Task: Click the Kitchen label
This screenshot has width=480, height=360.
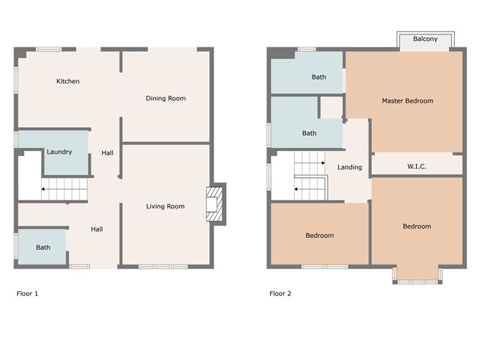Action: pos(68,81)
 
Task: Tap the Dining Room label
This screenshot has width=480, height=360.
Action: pos(165,98)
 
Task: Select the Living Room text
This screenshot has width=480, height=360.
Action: pos(165,207)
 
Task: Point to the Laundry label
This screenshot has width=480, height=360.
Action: pos(60,152)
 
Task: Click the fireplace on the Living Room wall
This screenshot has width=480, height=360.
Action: pos(215,204)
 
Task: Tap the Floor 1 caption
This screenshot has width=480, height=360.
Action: pos(27,294)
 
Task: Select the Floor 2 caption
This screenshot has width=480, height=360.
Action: pos(280,294)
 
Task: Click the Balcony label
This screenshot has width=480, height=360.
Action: pos(425,40)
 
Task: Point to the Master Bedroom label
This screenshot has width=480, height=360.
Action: pos(407,101)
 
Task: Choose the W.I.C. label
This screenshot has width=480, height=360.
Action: pos(417,167)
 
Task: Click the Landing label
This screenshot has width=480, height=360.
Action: pos(350,167)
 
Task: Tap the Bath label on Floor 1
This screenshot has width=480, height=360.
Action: pos(43,247)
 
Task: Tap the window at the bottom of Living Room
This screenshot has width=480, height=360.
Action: pos(163,267)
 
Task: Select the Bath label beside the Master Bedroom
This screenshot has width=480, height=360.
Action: pos(318,77)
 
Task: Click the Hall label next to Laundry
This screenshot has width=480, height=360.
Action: pos(108,153)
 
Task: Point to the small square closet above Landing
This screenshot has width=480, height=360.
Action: pos(331,108)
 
